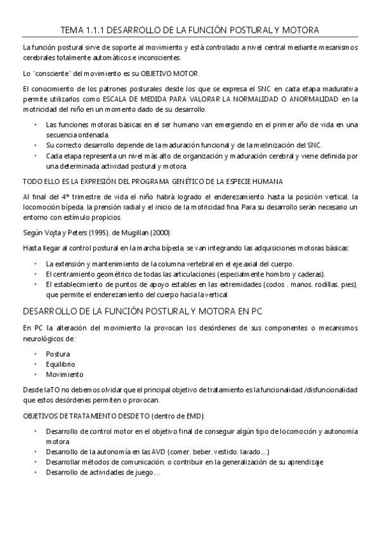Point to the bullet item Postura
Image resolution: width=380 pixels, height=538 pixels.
point(58,353)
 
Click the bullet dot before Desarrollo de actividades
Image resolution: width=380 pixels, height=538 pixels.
point(36,473)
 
